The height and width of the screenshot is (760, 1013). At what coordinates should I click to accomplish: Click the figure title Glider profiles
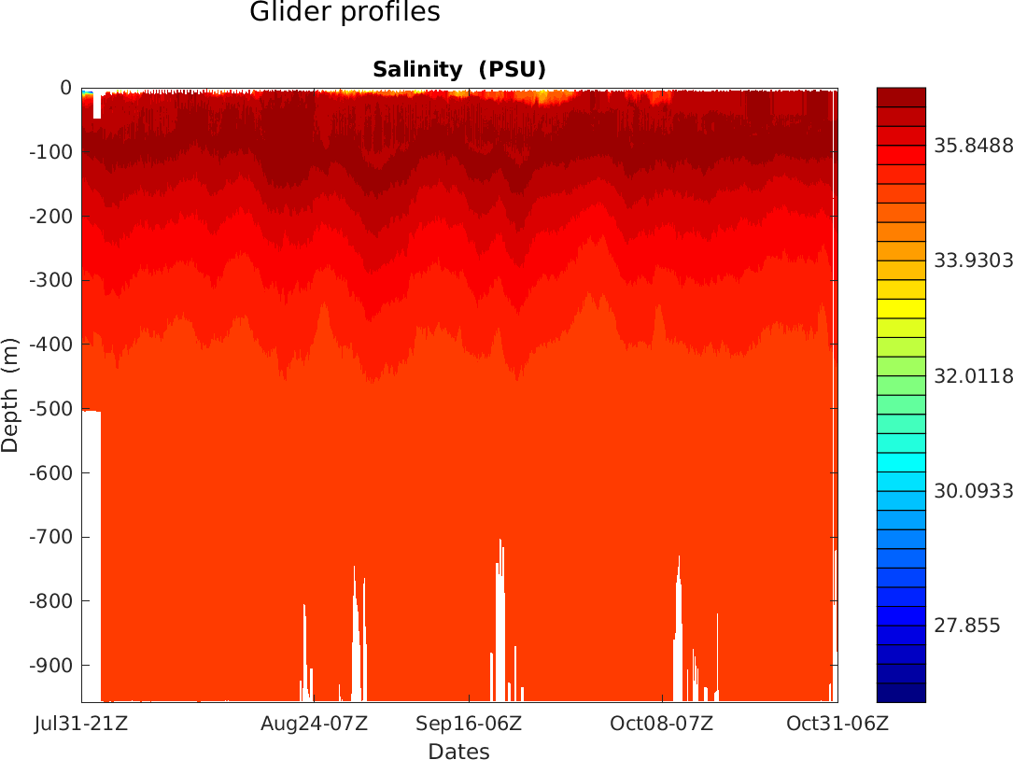click(x=345, y=13)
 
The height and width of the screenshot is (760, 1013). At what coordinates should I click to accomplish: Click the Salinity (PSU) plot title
click(x=458, y=69)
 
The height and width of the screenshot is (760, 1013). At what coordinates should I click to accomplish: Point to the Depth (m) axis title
click(x=10, y=395)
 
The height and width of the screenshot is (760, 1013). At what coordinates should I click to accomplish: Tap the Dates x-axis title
click(x=458, y=752)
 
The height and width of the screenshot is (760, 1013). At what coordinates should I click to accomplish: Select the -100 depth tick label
click(x=52, y=152)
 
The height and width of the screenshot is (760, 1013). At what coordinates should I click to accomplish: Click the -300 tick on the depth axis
click(x=52, y=280)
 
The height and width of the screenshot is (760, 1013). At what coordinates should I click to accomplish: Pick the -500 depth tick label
click(x=52, y=409)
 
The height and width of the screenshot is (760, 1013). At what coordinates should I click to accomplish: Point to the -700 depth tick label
click(x=52, y=537)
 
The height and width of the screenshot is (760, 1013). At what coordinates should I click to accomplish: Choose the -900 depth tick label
click(x=52, y=665)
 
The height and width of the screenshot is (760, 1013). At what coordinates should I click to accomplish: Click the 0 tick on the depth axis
click(x=65, y=88)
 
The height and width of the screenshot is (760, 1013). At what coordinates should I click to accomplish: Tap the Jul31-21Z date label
click(x=81, y=724)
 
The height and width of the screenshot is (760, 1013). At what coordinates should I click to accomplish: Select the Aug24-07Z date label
click(x=315, y=724)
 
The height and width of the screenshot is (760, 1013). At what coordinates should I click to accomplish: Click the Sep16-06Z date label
click(x=469, y=724)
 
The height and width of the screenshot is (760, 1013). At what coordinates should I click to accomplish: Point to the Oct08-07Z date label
click(x=662, y=724)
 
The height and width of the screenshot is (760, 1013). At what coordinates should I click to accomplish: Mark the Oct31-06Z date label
click(x=837, y=724)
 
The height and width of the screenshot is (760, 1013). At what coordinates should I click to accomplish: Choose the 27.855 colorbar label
click(x=968, y=626)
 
